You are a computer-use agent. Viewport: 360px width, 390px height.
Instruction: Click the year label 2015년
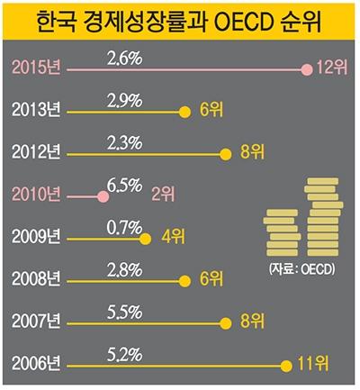coord(36,68)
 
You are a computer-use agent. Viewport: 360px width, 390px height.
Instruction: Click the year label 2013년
coord(36,111)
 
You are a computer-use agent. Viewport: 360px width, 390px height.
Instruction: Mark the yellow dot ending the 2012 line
coord(226,154)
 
